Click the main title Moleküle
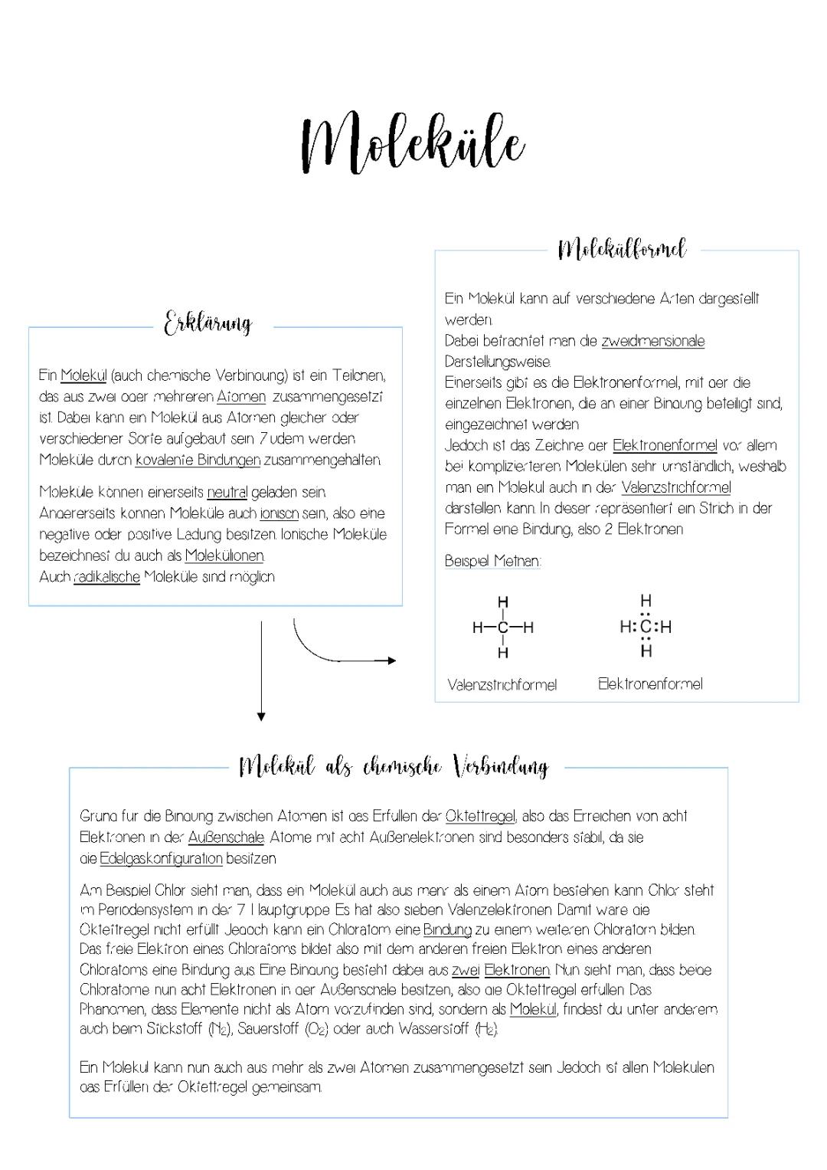coord(413,143)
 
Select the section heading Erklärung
coord(208,323)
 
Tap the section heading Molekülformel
coord(622,249)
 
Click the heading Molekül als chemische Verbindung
coord(394,766)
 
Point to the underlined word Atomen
coord(241,397)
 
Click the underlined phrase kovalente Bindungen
coord(198,460)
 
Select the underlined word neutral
coord(227,492)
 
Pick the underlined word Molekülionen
coord(224,556)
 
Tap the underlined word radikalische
coord(107,577)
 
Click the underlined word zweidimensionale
coord(652,341)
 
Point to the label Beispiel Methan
coord(492,561)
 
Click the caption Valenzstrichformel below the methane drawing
coord(502,685)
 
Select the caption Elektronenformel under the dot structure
coord(649,684)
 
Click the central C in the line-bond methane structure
coord(503,628)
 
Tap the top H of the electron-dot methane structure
coord(646,601)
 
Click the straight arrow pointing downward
coord(261,670)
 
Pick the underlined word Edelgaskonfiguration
coord(161,858)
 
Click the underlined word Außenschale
coord(226,837)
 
